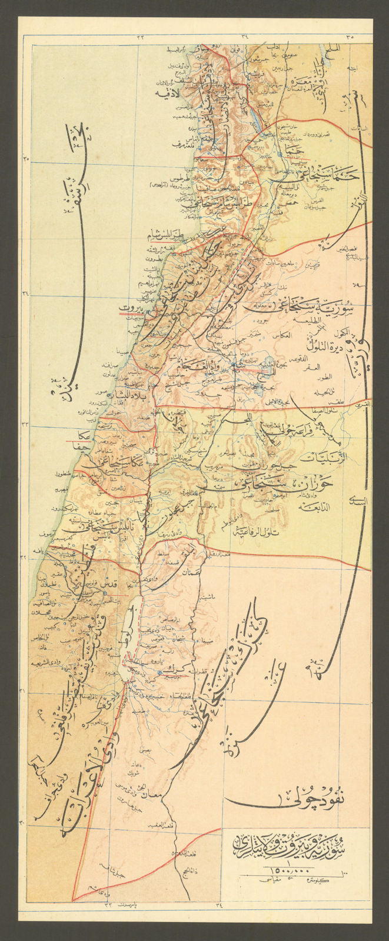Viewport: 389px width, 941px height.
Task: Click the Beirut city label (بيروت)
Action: pos(131,308)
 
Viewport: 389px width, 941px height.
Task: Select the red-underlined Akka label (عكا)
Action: pos(84,436)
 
